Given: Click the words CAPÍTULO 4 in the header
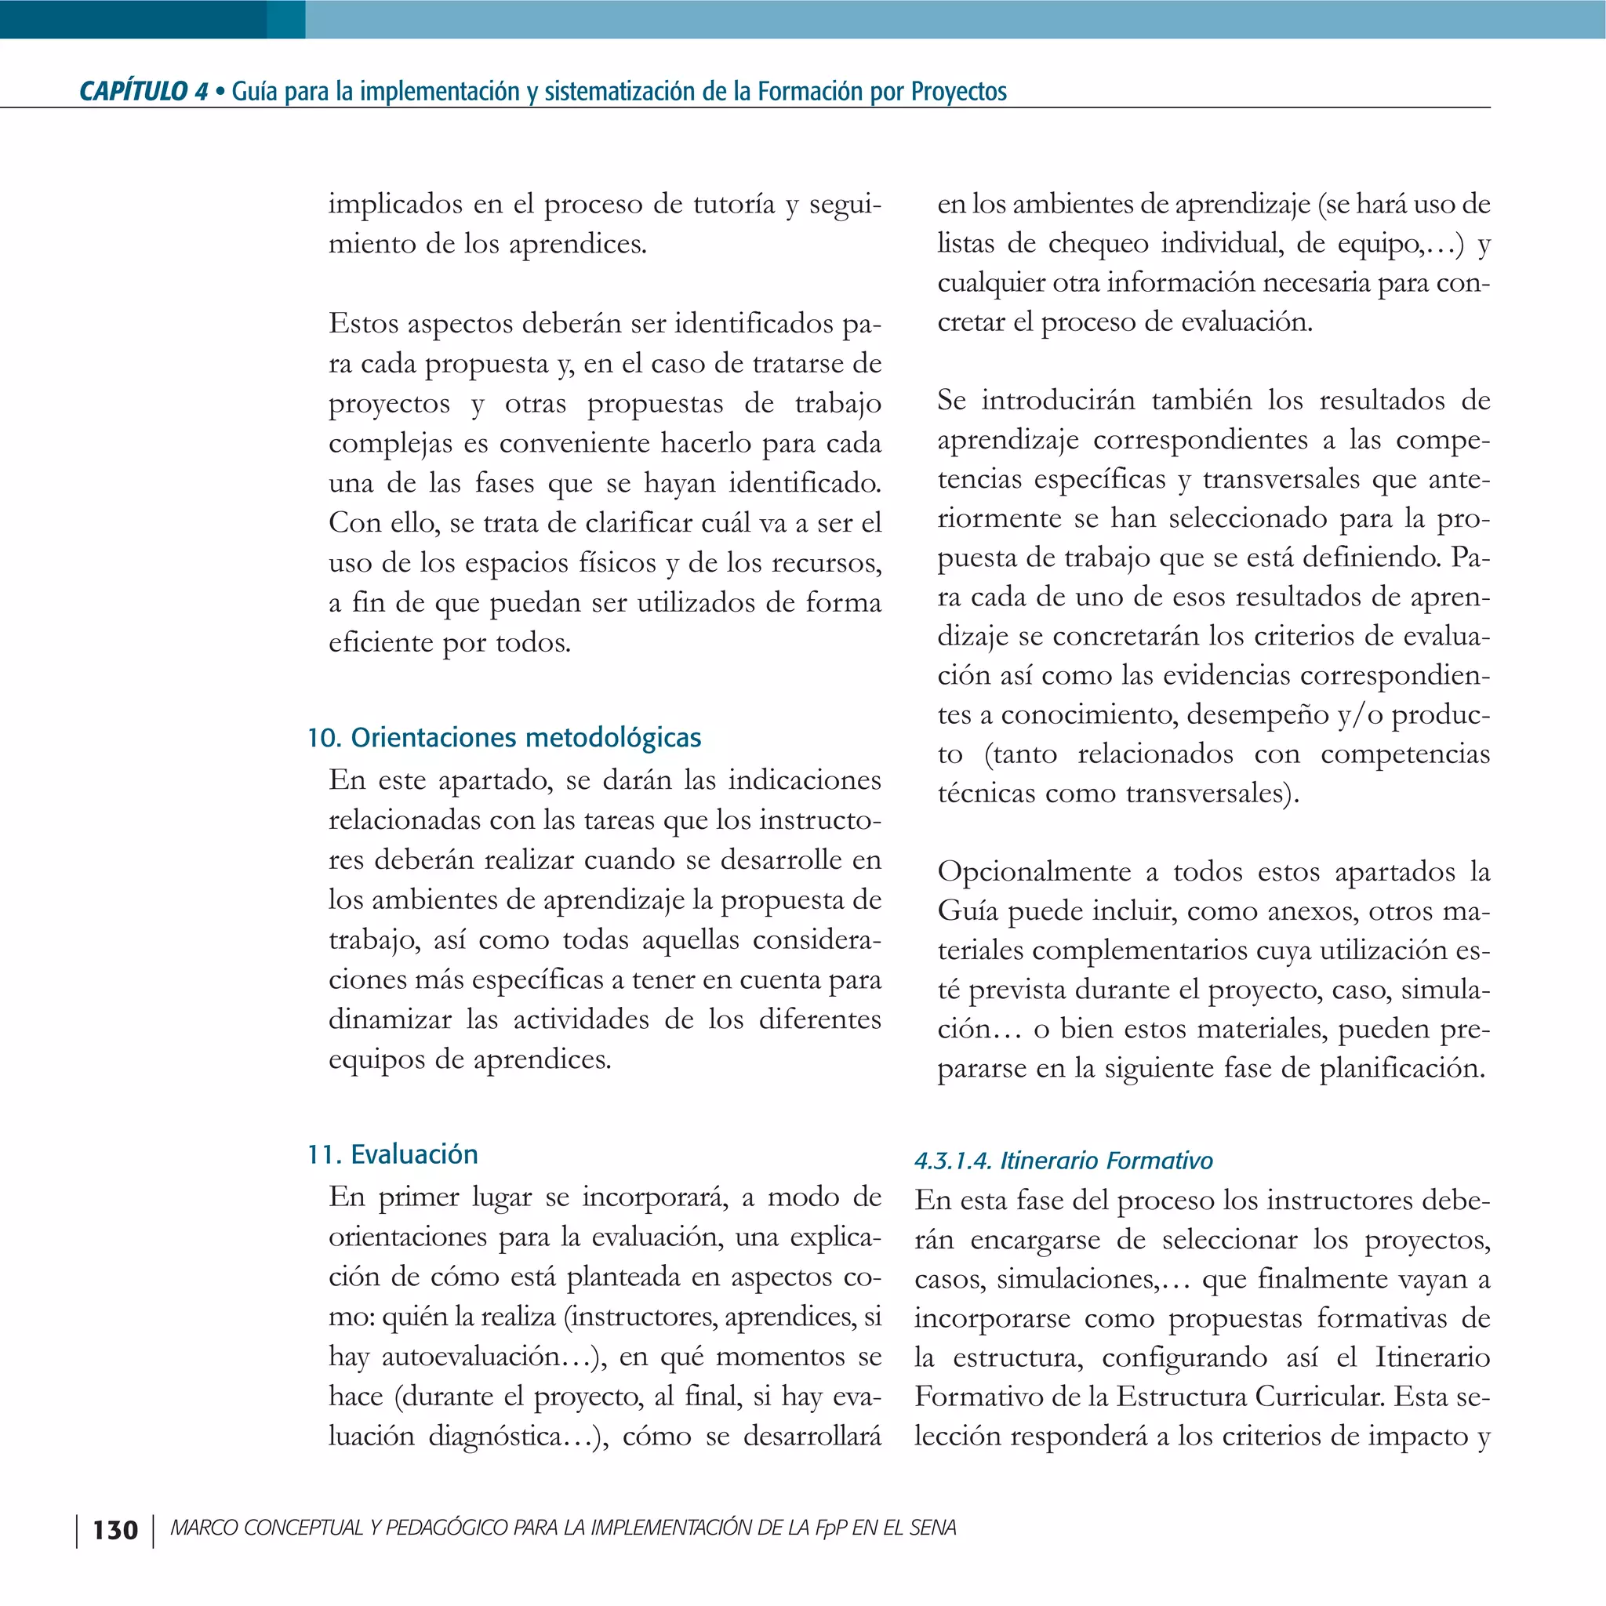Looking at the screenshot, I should click(143, 91).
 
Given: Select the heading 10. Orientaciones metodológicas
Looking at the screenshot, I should click(503, 737).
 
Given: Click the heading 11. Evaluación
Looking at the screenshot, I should click(392, 1154).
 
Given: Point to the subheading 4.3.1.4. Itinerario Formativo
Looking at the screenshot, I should click(1063, 1161).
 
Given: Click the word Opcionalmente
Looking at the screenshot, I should click(1034, 871).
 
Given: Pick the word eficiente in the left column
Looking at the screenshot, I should click(380, 642).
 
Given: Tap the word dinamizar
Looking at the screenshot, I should click(390, 1019).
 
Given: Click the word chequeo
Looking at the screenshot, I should click(1096, 244).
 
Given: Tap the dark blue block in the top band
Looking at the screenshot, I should click(133, 18).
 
